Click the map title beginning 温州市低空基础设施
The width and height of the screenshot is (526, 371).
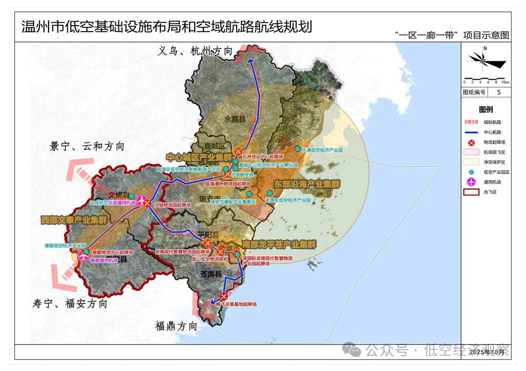tap(166, 26)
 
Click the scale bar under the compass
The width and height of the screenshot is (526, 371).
tap(485, 80)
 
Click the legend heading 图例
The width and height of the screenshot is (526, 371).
tap(485, 109)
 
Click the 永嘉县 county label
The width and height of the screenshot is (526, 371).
tap(235, 119)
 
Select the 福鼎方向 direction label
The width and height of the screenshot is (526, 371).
tap(176, 326)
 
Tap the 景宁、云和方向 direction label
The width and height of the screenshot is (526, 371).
tap(87, 146)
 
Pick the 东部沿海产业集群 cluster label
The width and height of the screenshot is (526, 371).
tap(307, 184)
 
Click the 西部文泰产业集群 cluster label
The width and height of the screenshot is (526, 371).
tap(74, 220)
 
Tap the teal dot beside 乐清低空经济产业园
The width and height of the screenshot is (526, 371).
tap(297, 149)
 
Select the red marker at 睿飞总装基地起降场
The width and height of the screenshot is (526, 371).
tap(221, 297)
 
